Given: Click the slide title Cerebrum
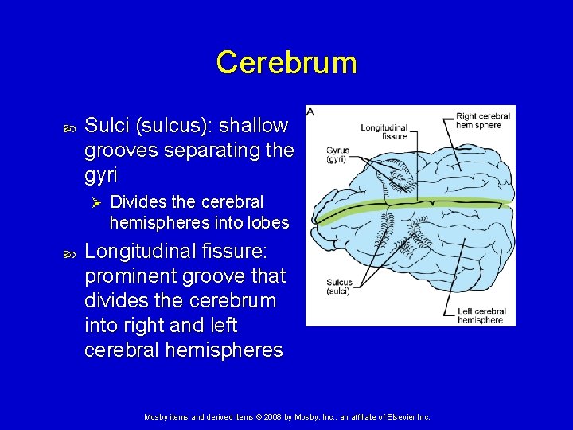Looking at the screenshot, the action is (x=286, y=62).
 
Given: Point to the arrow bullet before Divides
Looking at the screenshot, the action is (x=93, y=201).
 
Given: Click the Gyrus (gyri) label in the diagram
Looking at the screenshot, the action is (x=337, y=155).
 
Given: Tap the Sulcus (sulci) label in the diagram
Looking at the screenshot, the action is (x=339, y=287).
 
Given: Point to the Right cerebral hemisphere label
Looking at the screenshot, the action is (x=483, y=120).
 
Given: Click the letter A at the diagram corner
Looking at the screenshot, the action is (x=311, y=111).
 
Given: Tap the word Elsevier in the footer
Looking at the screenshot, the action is (x=397, y=416).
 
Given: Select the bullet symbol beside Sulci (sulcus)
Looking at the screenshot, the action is (x=68, y=126).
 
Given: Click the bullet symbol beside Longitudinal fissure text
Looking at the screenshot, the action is (x=68, y=252).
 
